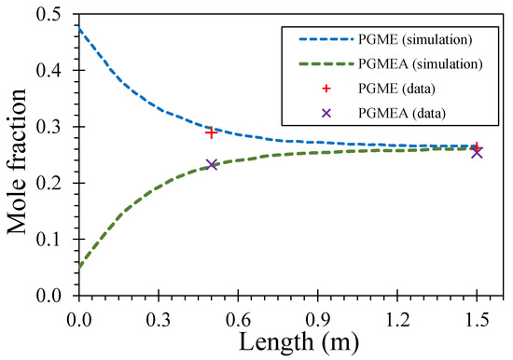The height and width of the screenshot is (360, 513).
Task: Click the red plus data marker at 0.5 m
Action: click(212, 132)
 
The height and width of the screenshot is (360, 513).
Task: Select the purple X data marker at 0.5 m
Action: click(212, 164)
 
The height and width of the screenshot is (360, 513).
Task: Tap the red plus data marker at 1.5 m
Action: click(477, 147)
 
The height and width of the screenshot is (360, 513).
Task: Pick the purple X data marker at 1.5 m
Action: click(477, 152)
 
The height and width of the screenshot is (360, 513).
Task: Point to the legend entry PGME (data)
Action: click(393, 89)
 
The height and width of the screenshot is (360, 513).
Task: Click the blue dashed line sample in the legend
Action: click(316, 39)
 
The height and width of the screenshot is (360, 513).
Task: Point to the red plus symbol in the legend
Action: click(316, 89)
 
